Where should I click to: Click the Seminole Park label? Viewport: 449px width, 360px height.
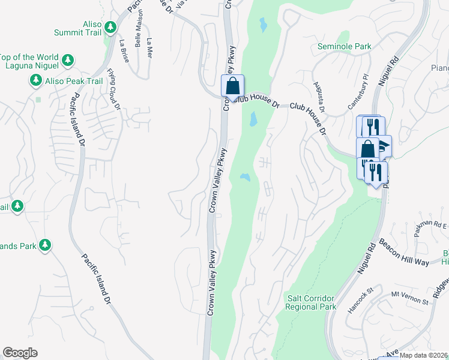[x=345, y=46]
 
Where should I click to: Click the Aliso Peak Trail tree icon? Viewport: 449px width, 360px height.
[x=36, y=80]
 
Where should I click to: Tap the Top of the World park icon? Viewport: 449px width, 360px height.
[x=68, y=60]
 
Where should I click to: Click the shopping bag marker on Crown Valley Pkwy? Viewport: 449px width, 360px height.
[x=232, y=86]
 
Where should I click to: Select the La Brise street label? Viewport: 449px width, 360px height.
[x=124, y=50]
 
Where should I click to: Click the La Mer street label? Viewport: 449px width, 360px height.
[x=149, y=48]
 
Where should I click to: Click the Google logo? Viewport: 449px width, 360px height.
[x=20, y=353]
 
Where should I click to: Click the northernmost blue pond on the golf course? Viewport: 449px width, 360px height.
[x=263, y=25]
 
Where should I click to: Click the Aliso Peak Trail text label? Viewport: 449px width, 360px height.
[x=73, y=80]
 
